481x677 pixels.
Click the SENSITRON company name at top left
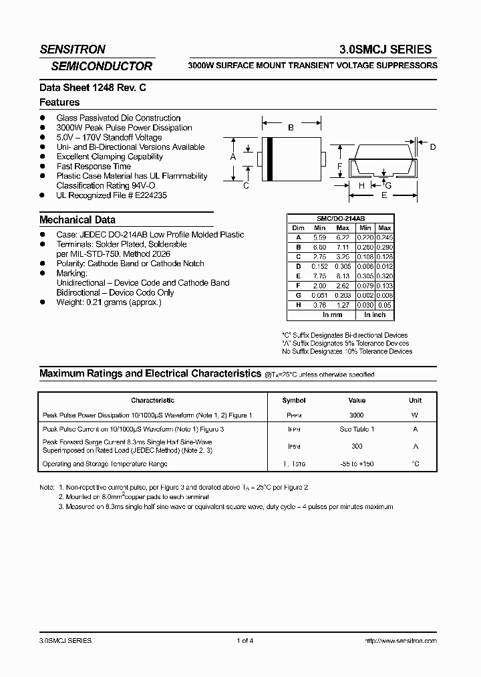(72, 50)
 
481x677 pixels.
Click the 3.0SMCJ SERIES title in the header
(386, 50)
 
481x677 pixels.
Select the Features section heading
(59, 102)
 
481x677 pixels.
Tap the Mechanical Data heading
(77, 219)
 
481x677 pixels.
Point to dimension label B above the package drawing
(291, 128)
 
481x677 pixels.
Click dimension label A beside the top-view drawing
(233, 157)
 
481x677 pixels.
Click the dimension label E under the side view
(383, 196)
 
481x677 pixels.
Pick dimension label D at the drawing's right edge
(433, 147)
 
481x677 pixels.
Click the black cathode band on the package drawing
(269, 158)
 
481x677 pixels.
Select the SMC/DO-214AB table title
(340, 219)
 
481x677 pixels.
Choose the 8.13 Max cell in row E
(343, 276)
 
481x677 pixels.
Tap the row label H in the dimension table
(298, 304)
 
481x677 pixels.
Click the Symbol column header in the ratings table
(294, 401)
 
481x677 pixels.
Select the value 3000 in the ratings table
(357, 415)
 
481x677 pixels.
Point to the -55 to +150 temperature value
(357, 464)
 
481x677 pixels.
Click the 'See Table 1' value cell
(357, 429)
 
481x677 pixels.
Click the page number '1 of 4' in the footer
(245, 641)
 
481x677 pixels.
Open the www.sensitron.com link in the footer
(401, 641)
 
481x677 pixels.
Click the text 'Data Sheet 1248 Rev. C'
(83, 87)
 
